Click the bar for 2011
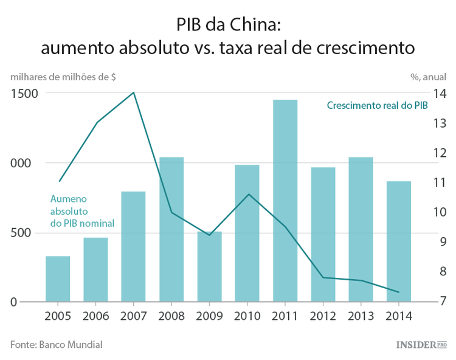click(285, 201)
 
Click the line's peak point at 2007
click(133, 92)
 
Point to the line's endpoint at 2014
click(398, 292)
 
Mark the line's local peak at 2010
click(247, 194)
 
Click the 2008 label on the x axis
click(171, 316)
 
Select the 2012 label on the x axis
click(322, 316)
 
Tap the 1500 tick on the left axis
click(22, 93)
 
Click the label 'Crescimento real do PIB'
click(377, 105)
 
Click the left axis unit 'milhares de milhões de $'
click(63, 77)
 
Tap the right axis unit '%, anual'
click(427, 77)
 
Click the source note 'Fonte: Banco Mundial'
click(56, 344)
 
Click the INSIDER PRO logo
click(421, 345)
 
